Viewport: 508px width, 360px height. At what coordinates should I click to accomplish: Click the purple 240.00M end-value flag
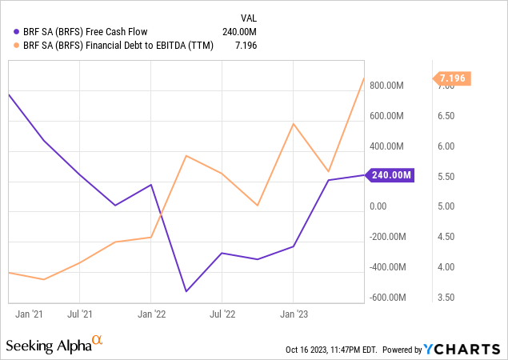[390, 175]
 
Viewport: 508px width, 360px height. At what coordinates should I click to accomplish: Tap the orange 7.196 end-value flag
[451, 78]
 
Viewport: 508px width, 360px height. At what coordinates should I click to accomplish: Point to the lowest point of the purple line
[186, 291]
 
